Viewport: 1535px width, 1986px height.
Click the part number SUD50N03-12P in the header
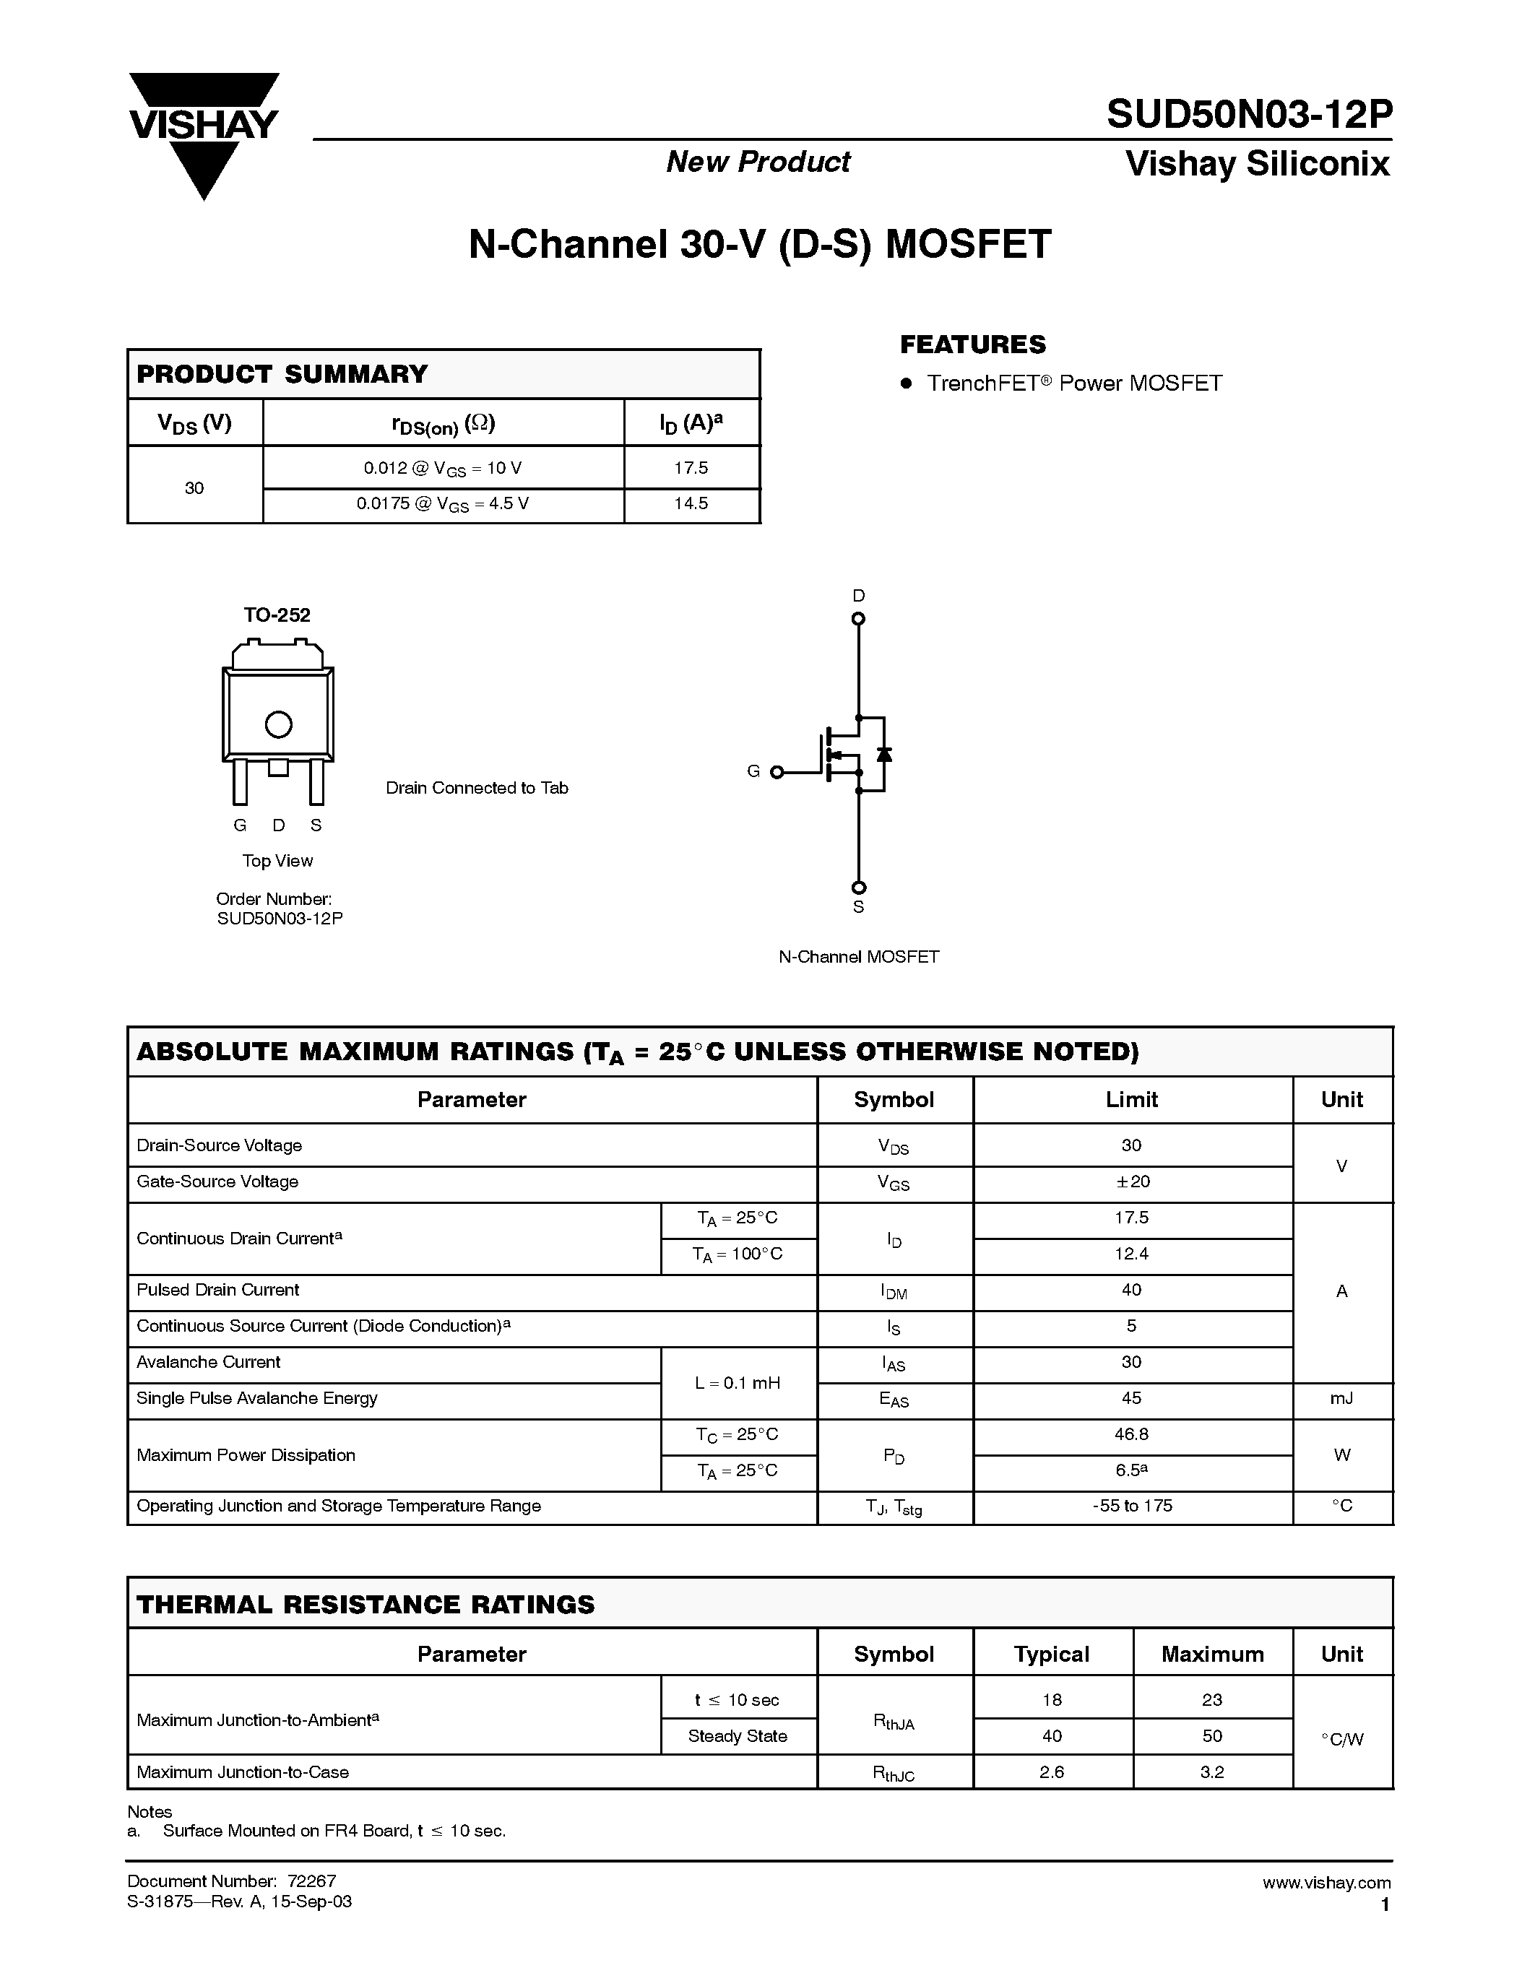(1248, 116)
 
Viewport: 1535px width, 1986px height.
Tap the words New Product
(758, 162)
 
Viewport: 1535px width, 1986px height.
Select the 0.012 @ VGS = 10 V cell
(443, 468)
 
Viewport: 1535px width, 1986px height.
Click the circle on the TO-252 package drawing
(278, 725)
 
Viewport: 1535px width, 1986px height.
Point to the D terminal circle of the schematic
(857, 619)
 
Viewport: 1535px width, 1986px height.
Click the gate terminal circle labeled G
(777, 772)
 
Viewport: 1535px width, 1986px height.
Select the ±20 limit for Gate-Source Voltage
(1132, 1181)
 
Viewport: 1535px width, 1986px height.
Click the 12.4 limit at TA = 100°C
(1132, 1254)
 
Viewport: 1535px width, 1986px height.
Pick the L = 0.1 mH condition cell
(738, 1383)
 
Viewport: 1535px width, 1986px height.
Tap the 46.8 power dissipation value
(1132, 1434)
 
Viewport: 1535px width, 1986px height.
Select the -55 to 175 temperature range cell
(1132, 1506)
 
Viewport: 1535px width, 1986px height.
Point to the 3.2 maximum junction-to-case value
(1212, 1772)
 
